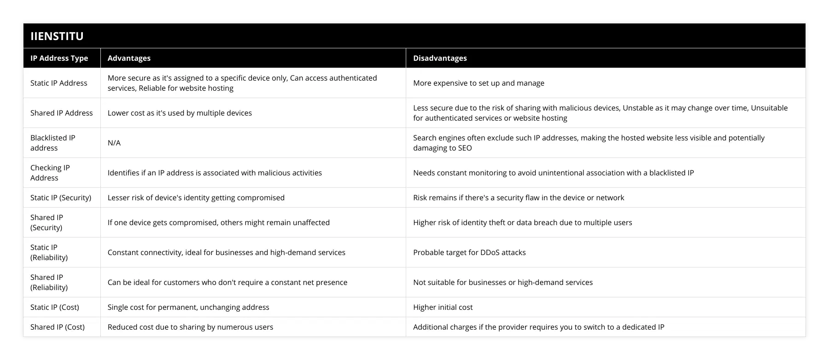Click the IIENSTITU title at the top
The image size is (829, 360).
pyautogui.click(x=57, y=36)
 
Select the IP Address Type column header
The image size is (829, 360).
pyautogui.click(x=59, y=58)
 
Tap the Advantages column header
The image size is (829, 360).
pyautogui.click(x=129, y=58)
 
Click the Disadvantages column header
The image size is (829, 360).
pyautogui.click(x=440, y=58)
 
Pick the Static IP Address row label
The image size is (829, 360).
pyautogui.click(x=59, y=83)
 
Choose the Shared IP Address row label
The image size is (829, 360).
pyautogui.click(x=61, y=113)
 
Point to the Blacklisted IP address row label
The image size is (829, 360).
pyautogui.click(x=53, y=143)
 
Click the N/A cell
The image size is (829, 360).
pyautogui.click(x=114, y=143)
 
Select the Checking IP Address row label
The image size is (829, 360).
pyautogui.click(x=50, y=173)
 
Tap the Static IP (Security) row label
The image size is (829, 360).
pyautogui.click(x=61, y=197)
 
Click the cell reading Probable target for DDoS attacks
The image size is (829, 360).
pyautogui.click(x=469, y=252)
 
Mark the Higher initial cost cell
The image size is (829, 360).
pyautogui.click(x=443, y=307)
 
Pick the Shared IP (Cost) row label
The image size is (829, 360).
pyautogui.click(x=58, y=327)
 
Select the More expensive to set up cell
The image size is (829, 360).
pyautogui.click(x=479, y=83)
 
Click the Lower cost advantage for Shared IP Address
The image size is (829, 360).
pyautogui.click(x=180, y=113)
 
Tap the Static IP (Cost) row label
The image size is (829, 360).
pyautogui.click(x=55, y=307)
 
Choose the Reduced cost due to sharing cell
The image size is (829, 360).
pyautogui.click(x=190, y=327)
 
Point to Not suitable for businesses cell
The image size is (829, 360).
pyautogui.click(x=503, y=282)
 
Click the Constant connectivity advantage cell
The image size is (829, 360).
pyautogui.click(x=226, y=252)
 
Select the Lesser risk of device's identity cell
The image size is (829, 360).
pyautogui.click(x=196, y=197)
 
